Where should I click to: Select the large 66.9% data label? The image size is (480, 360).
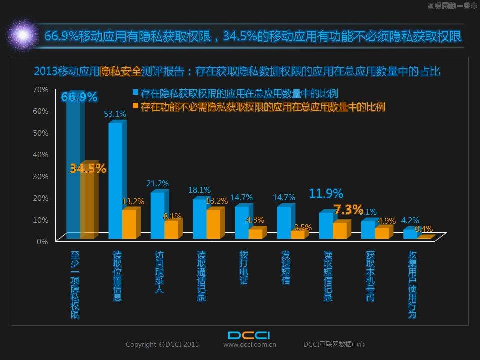click(x=79, y=97)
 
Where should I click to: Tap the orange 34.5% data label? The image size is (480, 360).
click(x=88, y=169)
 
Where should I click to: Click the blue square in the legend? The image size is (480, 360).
click(x=135, y=93)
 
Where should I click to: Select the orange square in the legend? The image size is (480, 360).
click(x=135, y=106)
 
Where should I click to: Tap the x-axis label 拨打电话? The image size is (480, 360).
click(x=243, y=267)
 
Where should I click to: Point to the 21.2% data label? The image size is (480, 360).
click(x=157, y=184)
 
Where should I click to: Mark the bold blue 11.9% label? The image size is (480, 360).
click(x=326, y=193)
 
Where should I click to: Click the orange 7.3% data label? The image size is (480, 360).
click(x=348, y=209)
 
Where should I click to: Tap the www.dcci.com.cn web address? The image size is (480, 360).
click(x=250, y=344)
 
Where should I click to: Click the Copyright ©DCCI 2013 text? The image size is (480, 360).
click(x=162, y=344)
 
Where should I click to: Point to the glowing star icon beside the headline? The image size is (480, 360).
click(x=23, y=34)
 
